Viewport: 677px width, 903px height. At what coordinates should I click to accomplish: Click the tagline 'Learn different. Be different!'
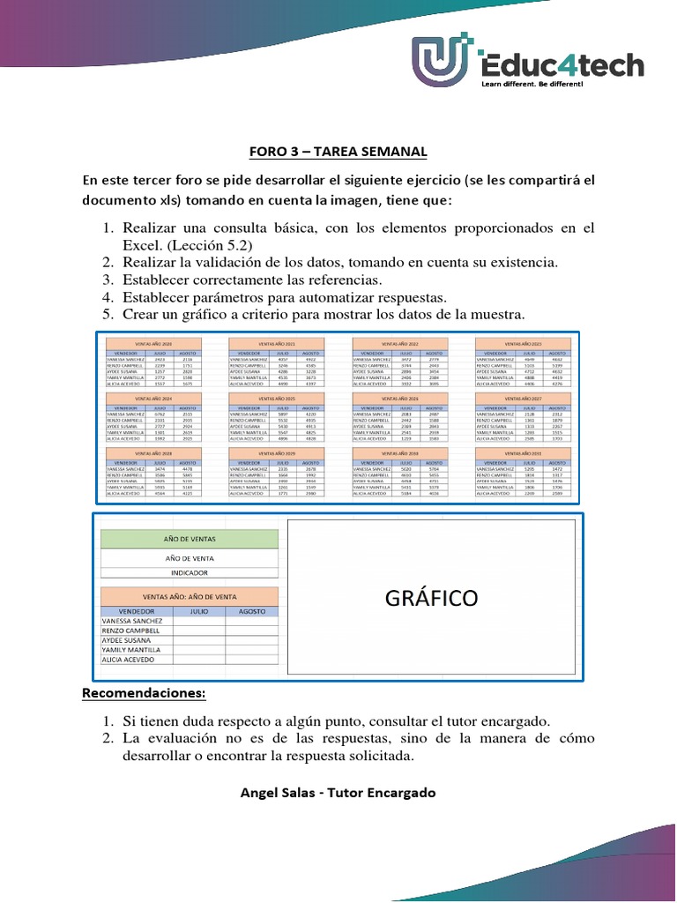click(x=532, y=84)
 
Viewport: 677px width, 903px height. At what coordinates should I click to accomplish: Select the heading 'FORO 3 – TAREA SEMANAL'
click(x=338, y=152)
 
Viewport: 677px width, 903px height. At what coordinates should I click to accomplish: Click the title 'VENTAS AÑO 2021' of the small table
click(x=276, y=342)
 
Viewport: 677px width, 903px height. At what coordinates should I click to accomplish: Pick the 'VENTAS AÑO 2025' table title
click(x=276, y=399)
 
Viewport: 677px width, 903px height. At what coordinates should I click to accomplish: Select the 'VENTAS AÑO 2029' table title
click(x=276, y=453)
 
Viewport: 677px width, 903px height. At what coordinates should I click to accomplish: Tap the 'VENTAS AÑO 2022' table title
click(x=399, y=342)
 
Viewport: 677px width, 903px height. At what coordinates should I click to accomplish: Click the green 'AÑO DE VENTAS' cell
click(x=190, y=539)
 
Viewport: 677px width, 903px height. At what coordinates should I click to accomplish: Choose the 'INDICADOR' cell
click(x=190, y=572)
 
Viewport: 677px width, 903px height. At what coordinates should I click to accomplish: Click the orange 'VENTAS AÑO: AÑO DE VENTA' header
click(x=190, y=596)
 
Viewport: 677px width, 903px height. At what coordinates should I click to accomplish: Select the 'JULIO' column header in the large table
click(x=198, y=610)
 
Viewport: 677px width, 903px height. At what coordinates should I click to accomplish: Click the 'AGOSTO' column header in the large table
click(x=251, y=610)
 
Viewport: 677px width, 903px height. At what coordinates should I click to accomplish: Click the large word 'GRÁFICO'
click(x=431, y=600)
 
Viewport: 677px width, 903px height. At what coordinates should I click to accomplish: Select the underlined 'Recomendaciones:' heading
click(x=143, y=693)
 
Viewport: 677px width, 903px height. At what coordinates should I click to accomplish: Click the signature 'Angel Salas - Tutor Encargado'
click(x=338, y=792)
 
